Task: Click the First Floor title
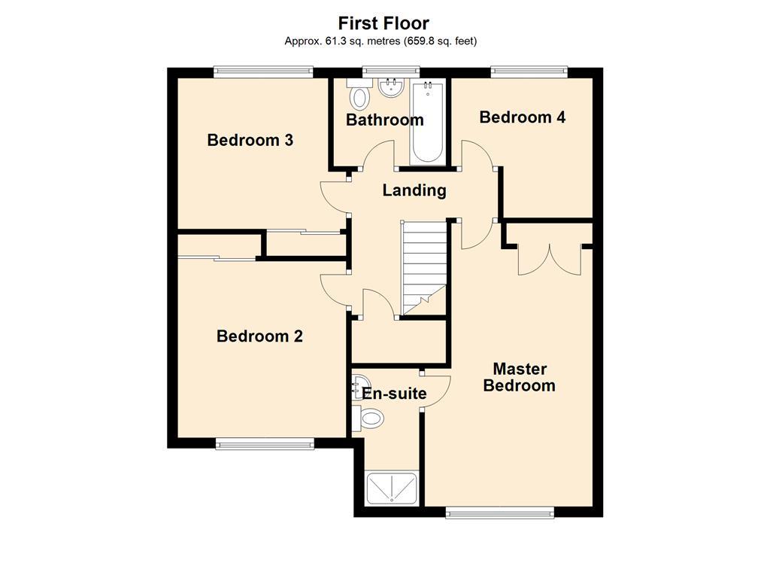point(383,23)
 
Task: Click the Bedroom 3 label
point(250,140)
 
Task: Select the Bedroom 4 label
point(522,117)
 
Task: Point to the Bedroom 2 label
point(259,336)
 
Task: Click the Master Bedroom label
point(519,378)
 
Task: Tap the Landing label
point(414,190)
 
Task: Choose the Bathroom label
point(384,120)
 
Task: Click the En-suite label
point(394,394)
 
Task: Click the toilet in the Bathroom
point(361,96)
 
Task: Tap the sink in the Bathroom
point(390,87)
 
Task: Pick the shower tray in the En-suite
point(390,488)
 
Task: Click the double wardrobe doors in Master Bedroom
point(549,260)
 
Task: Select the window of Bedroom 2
point(265,444)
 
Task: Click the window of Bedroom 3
point(262,71)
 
